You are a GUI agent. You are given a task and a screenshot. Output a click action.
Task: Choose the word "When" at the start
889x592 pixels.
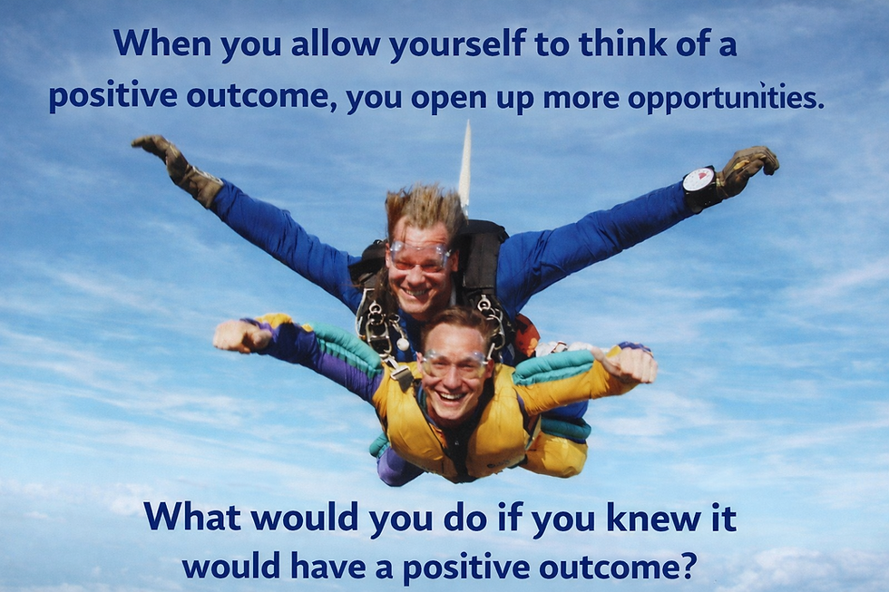pos(151,44)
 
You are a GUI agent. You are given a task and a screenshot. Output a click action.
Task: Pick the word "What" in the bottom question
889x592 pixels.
pos(191,518)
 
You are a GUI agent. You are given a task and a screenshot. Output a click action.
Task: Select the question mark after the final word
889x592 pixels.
pos(688,566)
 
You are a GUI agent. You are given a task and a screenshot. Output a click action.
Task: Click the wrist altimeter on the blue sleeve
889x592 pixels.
pos(698,180)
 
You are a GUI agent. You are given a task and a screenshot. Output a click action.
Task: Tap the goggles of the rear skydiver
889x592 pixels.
pos(419,257)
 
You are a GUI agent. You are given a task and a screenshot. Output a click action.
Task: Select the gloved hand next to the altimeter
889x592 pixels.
pos(746,169)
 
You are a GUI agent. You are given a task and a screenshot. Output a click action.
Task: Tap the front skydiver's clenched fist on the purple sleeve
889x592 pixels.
pos(240,335)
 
